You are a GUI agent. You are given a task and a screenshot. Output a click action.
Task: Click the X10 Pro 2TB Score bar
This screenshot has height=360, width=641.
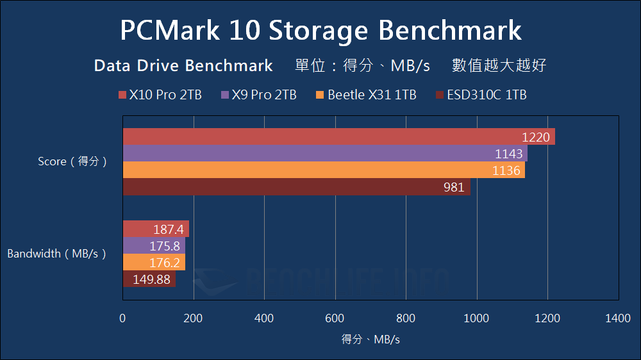coord(338,137)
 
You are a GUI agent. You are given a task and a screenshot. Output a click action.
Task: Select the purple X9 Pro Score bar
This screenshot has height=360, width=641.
coord(325,154)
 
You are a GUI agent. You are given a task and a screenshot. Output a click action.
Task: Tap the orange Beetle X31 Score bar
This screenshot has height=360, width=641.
coord(324,170)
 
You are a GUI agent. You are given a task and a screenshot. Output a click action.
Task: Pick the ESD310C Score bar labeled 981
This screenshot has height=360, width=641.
coord(296,187)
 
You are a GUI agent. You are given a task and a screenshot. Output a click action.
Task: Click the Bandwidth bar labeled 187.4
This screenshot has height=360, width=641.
coord(156,229)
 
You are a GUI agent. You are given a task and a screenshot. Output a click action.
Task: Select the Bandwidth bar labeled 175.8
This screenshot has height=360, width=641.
coord(154,246)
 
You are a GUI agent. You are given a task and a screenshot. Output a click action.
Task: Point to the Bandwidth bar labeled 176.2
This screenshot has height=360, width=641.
coord(154,263)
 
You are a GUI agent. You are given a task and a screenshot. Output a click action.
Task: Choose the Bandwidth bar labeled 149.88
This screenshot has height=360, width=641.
coord(149,279)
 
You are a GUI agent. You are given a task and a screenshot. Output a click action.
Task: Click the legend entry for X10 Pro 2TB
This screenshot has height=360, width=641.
coord(160,95)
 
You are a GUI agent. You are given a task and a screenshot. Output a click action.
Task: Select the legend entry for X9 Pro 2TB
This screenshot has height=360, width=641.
coord(259,95)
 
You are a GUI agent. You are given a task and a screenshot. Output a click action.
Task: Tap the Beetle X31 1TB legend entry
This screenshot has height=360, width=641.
coord(366,95)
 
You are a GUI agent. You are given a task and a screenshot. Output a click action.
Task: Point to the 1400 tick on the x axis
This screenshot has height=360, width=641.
coord(617,318)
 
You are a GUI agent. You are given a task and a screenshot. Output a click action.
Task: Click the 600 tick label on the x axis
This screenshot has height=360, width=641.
coord(335,318)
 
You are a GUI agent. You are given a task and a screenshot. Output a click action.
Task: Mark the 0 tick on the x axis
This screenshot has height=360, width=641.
coord(122,318)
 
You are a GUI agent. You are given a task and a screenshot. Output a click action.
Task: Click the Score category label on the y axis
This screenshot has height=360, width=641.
coord(72,162)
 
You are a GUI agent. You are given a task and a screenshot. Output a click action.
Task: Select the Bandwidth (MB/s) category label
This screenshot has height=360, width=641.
coord(56,254)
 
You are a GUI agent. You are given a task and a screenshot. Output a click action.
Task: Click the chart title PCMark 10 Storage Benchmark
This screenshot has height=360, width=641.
coord(320,31)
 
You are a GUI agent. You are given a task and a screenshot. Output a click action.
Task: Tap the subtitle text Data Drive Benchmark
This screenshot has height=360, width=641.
coord(183,66)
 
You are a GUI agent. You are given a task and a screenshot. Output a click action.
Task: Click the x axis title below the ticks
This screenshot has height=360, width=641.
coord(370,340)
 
